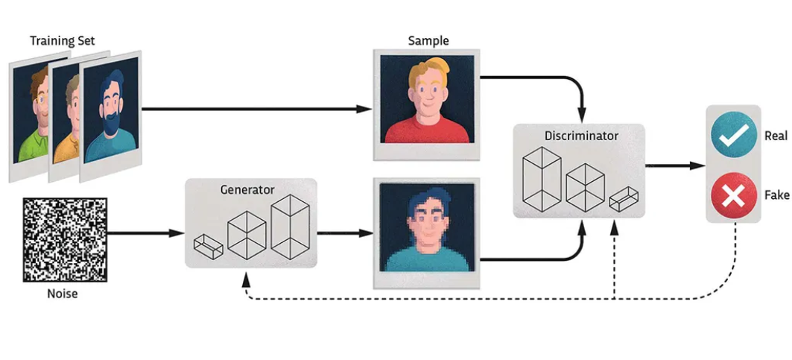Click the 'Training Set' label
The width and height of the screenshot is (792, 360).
pos(62,40)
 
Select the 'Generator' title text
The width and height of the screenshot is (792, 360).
pos(247,189)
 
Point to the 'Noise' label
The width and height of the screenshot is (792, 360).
pos(62,294)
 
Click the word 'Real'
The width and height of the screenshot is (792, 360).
pos(776,136)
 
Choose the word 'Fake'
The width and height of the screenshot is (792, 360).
pos(776,195)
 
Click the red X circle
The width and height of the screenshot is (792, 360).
pos(733,196)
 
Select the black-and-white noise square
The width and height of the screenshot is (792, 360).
pos(65,239)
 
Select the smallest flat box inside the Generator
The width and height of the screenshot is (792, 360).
pos(207,245)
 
